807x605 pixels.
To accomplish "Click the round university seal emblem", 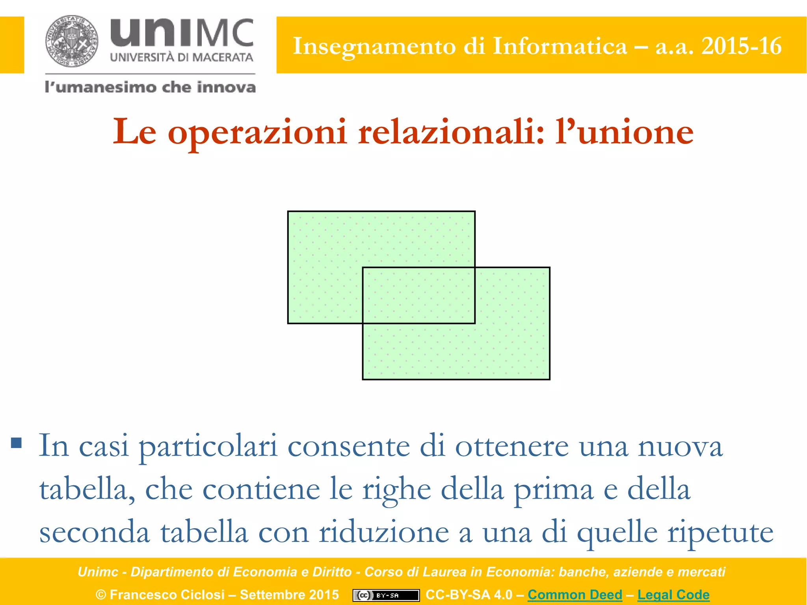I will coord(72,41).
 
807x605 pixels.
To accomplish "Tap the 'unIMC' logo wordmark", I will coord(182,33).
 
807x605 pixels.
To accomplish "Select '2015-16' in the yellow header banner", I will coord(741,46).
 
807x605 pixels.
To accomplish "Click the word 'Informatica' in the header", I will coord(560,46).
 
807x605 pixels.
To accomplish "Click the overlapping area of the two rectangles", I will coord(418,295).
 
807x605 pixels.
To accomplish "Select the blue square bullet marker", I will coord(16,443).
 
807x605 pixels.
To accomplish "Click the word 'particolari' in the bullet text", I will coord(208,446).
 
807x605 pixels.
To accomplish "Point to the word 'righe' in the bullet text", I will coord(396,490).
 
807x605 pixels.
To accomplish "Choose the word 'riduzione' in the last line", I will coord(384,533).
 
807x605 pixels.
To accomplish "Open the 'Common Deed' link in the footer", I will coord(575,594).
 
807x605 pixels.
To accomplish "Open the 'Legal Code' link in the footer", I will coord(673,594).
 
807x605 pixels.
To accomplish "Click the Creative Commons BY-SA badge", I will coord(386,595).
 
